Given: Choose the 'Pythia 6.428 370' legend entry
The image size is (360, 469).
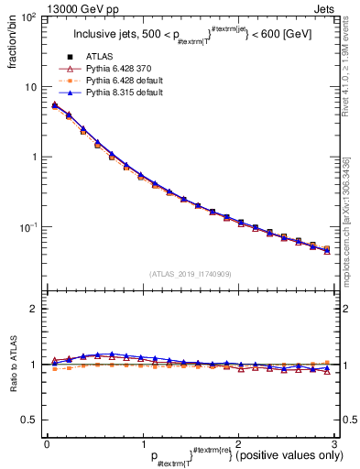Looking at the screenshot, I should [x=114, y=69].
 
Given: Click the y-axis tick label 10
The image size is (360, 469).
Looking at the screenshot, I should [x=31, y=87].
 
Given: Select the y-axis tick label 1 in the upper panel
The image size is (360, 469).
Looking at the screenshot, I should [x=35, y=157].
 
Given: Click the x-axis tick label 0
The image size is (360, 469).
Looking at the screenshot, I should [x=47, y=443].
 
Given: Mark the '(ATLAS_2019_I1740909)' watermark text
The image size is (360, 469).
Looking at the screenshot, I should [x=190, y=275].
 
